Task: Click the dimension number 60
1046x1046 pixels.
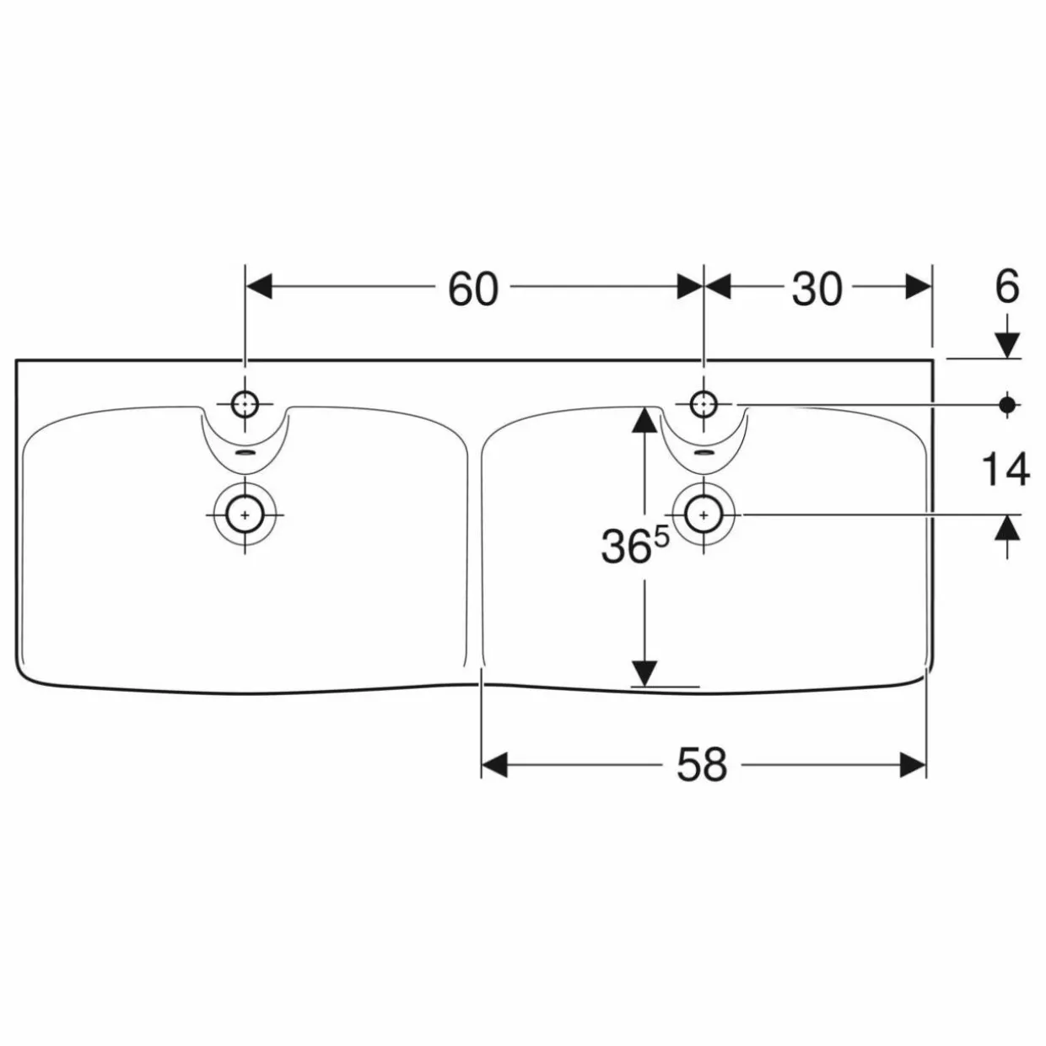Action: click(472, 288)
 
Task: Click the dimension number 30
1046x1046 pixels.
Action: click(817, 288)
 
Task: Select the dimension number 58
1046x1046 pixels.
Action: click(701, 764)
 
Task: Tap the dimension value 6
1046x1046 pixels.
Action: click(1007, 287)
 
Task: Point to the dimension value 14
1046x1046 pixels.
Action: click(1006, 469)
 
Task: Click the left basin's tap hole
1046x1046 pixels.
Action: click(245, 404)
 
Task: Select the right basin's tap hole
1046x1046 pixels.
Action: click(704, 404)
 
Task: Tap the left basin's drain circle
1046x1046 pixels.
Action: click(245, 515)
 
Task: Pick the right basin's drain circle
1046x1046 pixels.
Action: click(704, 515)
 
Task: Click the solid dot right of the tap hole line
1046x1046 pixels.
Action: click(1007, 404)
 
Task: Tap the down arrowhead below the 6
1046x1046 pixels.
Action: click(1007, 345)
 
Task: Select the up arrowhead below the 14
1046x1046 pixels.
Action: click(1007, 528)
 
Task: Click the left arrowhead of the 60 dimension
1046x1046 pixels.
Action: click(258, 287)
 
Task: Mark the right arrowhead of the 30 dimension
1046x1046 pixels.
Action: click(919, 287)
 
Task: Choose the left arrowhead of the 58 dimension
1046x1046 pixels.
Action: click(494, 764)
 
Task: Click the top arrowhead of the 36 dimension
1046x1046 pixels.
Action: click(644, 419)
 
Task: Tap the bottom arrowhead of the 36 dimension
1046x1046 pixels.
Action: click(644, 674)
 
